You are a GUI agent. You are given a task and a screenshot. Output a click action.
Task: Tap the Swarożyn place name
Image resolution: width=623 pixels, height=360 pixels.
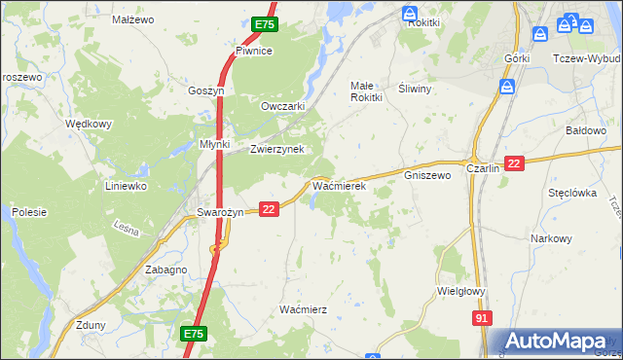(218, 212)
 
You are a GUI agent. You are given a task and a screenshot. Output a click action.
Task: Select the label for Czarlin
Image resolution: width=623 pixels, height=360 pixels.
(483, 167)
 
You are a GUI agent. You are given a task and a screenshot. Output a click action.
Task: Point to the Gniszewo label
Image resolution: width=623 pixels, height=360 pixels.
(427, 175)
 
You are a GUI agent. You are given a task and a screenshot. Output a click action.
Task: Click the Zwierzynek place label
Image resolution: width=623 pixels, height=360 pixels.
(277, 149)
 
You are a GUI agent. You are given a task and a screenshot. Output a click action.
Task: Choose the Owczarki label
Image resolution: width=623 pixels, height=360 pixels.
(283, 106)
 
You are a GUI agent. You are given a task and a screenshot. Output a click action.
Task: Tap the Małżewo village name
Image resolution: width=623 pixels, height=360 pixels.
(133, 19)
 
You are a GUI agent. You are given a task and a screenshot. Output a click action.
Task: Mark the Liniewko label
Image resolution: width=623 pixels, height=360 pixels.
(126, 185)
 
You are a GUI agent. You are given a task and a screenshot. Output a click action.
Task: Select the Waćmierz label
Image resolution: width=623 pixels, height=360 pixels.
(303, 308)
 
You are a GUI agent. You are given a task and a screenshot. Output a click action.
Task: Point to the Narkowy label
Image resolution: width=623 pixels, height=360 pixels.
(550, 238)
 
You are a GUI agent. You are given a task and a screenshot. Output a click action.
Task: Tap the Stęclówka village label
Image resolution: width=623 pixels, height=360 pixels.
(571, 193)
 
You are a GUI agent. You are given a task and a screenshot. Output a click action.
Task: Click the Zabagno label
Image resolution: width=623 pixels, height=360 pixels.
(165, 270)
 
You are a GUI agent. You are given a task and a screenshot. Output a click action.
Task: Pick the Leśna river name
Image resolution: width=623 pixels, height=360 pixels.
(127, 231)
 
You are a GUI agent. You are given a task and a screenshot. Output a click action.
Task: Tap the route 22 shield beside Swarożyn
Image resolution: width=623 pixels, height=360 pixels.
(270, 208)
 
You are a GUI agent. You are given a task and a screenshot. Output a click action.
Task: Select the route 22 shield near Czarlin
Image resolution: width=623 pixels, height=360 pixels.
(515, 164)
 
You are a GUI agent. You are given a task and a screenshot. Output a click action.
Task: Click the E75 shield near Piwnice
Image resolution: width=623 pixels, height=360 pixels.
(263, 24)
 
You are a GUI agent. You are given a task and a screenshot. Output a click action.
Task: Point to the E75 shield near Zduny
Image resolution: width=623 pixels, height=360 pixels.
(193, 334)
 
